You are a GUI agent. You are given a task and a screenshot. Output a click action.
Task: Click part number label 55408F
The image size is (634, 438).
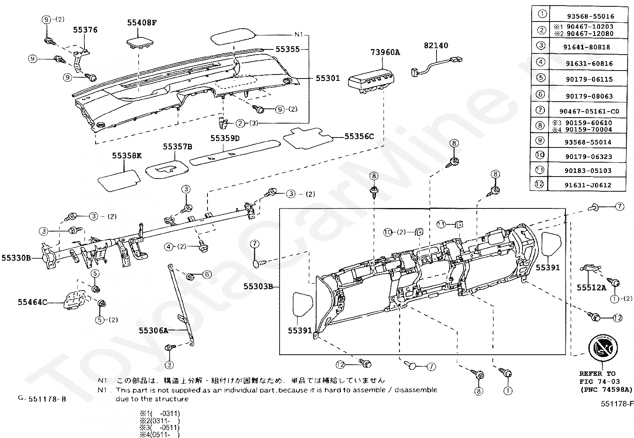click(142, 23)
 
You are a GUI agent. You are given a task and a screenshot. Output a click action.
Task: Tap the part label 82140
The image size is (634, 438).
click(436, 45)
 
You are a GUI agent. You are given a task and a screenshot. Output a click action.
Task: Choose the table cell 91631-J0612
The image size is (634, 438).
click(587, 185)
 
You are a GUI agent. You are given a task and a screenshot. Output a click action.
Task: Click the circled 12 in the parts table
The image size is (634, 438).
click(539, 184)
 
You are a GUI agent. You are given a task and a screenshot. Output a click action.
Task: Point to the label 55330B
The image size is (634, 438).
click(16, 258)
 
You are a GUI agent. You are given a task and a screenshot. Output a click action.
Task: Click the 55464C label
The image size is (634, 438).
click(32, 302)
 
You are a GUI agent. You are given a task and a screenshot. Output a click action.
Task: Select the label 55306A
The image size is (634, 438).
click(153, 330)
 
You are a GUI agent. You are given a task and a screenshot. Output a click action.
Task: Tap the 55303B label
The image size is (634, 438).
click(258, 286)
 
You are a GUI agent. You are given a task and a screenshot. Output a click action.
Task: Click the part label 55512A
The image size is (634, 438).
click(591, 287)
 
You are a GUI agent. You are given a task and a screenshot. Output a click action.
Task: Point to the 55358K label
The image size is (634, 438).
click(127, 155)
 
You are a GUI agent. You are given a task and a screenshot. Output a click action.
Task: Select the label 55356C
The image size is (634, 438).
click(359, 136)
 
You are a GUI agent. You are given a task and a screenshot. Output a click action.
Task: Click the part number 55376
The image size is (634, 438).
click(85, 30)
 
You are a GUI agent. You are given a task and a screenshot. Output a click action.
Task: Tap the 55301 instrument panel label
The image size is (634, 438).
click(328, 78)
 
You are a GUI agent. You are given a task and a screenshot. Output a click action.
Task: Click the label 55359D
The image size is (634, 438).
click(225, 138)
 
